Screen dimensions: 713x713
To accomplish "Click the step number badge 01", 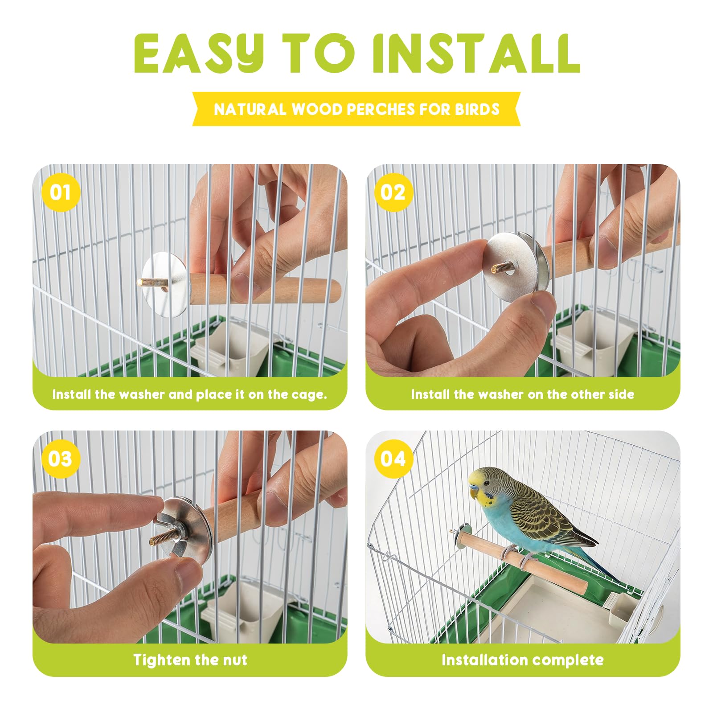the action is coord(61,193).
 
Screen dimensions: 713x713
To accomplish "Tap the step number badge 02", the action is coord(393,193).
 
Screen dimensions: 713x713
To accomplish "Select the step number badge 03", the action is coord(61,459).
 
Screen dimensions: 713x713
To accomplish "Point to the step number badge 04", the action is coord(393,459).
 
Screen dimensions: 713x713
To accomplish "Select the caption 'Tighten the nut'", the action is coord(190,660).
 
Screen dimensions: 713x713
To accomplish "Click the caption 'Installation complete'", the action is coord(523,660).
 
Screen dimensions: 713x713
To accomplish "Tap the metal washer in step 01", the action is coord(165,284).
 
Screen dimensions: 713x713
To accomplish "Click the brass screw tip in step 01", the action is coord(147,282).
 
